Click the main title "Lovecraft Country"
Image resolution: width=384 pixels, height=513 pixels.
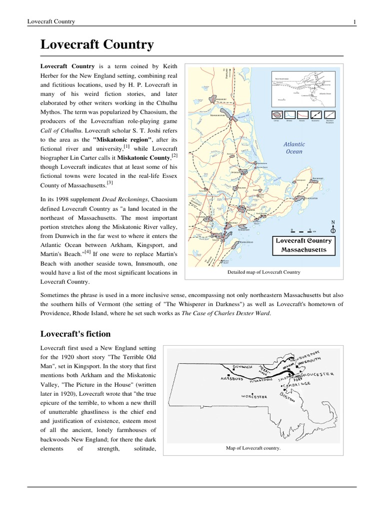[97, 45]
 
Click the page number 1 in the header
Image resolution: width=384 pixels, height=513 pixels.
[354, 22]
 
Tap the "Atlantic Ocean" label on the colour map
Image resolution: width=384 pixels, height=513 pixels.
[294, 147]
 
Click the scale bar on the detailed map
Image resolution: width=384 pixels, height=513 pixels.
[301, 231]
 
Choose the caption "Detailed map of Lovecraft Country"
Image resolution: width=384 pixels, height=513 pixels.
[263, 272]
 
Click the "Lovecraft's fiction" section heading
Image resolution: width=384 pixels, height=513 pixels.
[75, 334]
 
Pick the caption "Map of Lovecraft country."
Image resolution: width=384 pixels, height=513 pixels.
[253, 448]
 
